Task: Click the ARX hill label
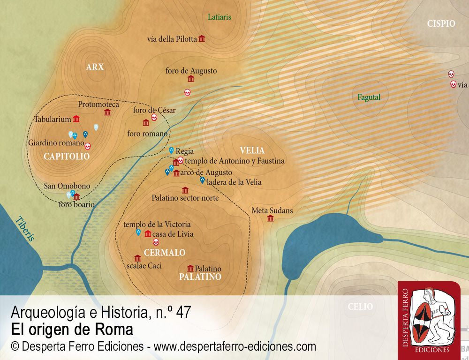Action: [x=95, y=67]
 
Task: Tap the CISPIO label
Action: [x=441, y=23]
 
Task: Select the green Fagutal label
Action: [x=369, y=97]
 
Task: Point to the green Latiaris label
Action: [x=219, y=17]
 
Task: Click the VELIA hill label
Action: [x=252, y=150]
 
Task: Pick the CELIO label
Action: [x=360, y=307]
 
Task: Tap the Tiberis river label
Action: [x=25, y=228]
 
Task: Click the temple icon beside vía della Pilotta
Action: [x=202, y=39]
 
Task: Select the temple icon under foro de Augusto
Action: [x=191, y=79]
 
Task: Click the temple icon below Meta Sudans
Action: [x=270, y=218]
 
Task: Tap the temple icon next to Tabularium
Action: [x=76, y=119]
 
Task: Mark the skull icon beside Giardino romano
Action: [x=87, y=146]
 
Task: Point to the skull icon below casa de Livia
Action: [x=156, y=242]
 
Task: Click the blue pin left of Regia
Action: [x=171, y=150]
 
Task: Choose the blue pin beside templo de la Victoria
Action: [x=138, y=232]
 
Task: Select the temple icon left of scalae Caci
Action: [x=137, y=258]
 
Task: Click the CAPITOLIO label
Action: [x=67, y=157]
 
